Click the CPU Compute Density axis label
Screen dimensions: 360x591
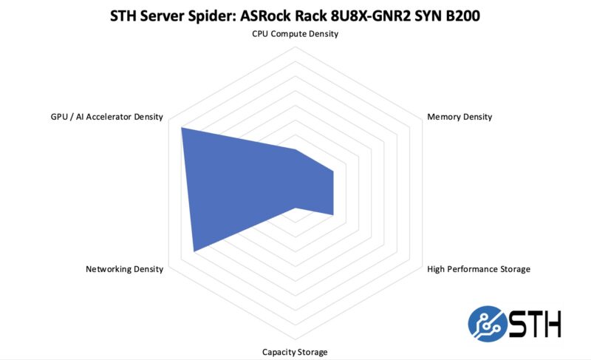point(295,34)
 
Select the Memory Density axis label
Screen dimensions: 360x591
point(460,117)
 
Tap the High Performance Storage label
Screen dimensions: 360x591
point(479,269)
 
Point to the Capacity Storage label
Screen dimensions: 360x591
point(295,352)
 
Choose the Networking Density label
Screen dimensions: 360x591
point(124,269)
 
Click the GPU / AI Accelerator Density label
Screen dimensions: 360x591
point(102,117)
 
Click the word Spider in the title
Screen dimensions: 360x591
point(202,15)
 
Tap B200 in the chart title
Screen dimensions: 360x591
point(460,15)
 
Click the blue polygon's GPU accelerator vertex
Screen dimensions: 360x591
point(182,128)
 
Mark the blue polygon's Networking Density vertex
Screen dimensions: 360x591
point(194,251)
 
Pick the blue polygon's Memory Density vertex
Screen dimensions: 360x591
point(333,171)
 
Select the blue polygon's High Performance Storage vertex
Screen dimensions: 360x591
point(333,215)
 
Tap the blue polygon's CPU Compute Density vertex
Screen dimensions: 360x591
point(295,149)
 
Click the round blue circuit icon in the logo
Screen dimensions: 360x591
point(487,324)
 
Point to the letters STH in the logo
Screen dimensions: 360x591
point(536,324)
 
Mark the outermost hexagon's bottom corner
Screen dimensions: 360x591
point(295,339)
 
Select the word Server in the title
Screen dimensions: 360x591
point(154,15)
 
